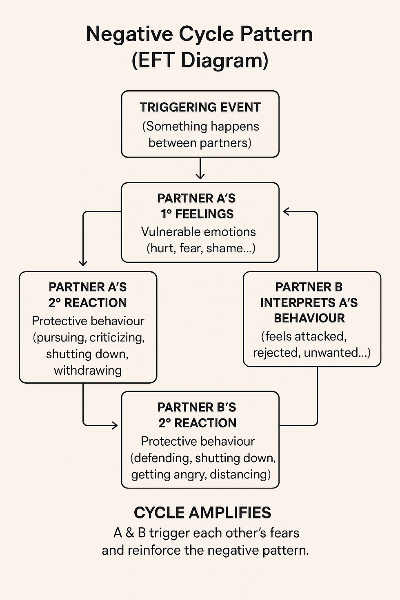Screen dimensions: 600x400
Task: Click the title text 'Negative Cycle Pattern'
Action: (x=199, y=34)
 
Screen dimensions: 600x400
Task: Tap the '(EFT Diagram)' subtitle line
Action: (x=200, y=60)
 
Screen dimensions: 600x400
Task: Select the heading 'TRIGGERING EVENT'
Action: (x=200, y=107)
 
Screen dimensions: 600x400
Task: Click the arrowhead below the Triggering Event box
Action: (x=200, y=176)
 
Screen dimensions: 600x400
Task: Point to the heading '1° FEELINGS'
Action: (x=197, y=214)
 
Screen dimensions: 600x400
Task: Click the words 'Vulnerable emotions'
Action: (x=198, y=232)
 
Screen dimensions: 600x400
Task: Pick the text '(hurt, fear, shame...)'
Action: (x=201, y=248)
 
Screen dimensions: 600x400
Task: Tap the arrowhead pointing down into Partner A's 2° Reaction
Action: (x=83, y=263)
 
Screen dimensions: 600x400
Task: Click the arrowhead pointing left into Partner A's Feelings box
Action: (x=287, y=211)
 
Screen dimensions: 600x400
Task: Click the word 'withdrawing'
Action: (x=88, y=371)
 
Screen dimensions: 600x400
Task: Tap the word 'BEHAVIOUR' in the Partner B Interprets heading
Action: (x=309, y=318)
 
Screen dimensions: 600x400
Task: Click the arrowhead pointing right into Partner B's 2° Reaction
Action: (x=115, y=425)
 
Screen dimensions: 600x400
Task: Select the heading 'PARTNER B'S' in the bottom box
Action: (x=197, y=407)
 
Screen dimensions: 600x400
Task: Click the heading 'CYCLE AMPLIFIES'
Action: (x=202, y=513)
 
